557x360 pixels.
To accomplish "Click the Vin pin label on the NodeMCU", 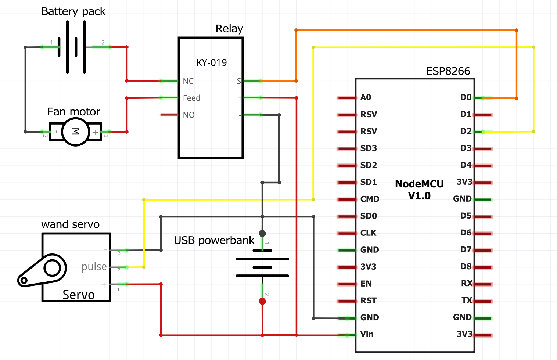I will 367,334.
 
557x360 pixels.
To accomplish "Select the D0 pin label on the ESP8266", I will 466,97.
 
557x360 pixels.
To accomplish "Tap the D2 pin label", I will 466,131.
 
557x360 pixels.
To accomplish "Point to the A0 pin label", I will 366,97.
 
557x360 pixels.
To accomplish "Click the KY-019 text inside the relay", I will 212,63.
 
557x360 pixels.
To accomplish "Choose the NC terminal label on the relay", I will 188,81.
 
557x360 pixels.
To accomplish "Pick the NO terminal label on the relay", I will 188,115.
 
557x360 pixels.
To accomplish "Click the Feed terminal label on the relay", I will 191,98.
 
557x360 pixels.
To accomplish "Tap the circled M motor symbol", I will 75,132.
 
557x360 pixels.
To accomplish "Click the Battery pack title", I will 73,11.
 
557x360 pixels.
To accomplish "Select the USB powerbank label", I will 214,240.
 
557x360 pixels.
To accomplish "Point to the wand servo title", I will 70,224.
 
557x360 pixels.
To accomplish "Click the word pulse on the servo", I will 94,267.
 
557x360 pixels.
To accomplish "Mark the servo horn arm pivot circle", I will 52,268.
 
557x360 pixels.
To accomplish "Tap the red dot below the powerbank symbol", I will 262,301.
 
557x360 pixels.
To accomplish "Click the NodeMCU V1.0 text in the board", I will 419,190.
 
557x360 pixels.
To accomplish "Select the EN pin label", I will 366,284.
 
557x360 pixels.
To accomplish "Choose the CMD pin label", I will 370,199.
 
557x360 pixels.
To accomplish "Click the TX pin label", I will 467,300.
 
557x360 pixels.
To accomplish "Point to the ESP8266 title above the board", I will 448,71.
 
